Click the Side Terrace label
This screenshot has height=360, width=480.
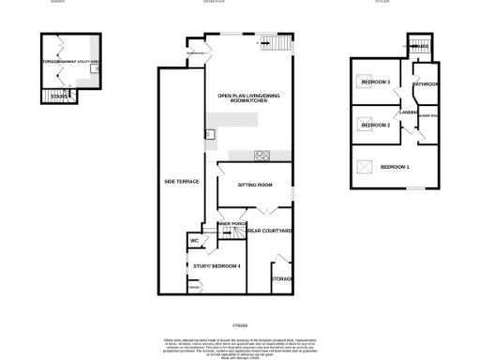click(181, 180)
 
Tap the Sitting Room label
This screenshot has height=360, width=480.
click(254, 185)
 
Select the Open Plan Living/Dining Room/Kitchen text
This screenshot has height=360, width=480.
click(248, 100)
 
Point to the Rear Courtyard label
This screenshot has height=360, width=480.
click(271, 230)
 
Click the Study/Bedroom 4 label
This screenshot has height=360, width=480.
click(217, 266)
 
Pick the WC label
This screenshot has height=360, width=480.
click(194, 241)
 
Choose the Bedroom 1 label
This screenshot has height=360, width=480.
click(395, 167)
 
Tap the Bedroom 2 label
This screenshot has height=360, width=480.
click(375, 125)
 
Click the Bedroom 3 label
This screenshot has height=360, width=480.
click(375, 82)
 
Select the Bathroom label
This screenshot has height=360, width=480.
click(426, 84)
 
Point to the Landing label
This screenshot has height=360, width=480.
click(408, 112)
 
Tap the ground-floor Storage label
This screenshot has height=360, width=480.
click(281, 279)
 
